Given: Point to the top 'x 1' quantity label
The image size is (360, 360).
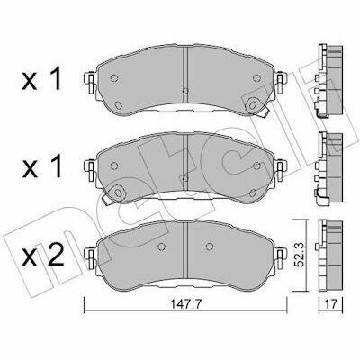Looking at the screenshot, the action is pyautogui.click(x=41, y=78).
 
